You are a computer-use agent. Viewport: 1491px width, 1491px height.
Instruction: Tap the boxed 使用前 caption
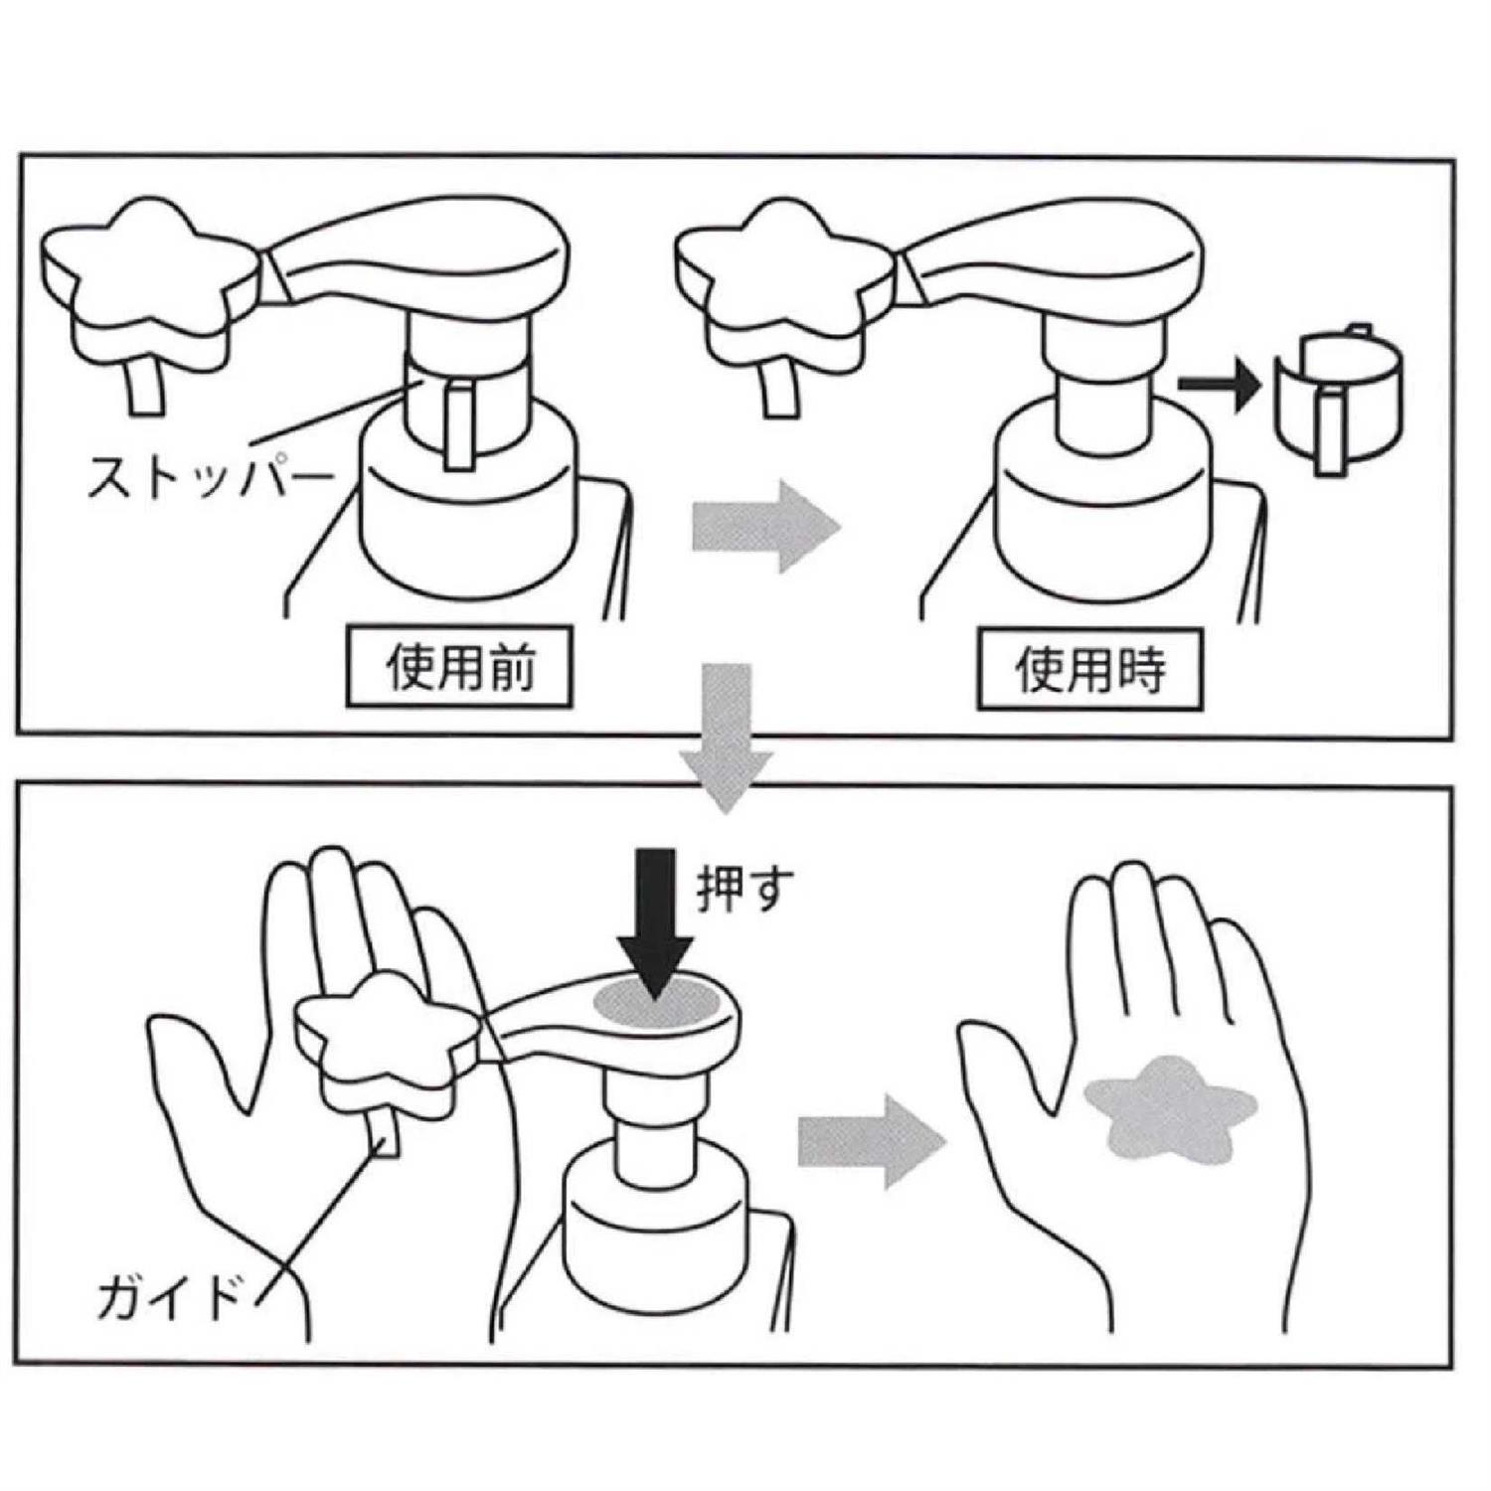[459, 667]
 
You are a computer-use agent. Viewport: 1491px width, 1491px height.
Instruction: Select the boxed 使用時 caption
[1089, 669]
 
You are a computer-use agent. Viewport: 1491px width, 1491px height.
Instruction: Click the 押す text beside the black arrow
[745, 888]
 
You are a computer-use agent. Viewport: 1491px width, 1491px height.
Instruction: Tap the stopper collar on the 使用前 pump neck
[462, 408]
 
